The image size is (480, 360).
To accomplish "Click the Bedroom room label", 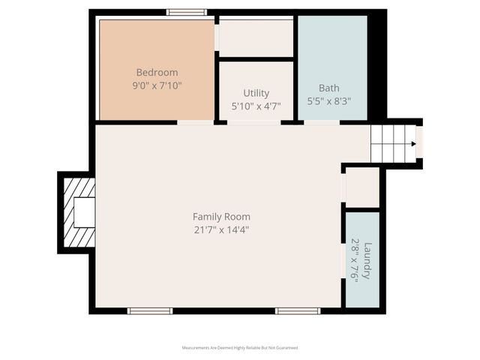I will [157, 72].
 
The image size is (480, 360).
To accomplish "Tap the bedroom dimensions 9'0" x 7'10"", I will [157, 85].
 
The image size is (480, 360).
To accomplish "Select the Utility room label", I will [256, 93].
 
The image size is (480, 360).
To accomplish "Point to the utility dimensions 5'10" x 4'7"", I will [256, 106].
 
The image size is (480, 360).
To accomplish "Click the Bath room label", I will [328, 87].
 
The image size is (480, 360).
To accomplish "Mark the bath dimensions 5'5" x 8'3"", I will [328, 100].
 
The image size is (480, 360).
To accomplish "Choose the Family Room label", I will [220, 217].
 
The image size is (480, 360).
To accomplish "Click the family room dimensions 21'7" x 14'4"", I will [220, 229].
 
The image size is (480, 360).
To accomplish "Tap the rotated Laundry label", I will [367, 259].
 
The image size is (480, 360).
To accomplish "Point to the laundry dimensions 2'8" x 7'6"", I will [355, 259].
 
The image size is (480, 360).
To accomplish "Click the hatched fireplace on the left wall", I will [79, 211].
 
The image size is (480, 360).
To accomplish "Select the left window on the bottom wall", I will [150, 310].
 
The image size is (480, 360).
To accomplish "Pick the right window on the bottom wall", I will [298, 310].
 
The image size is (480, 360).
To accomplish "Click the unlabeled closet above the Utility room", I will [256, 37].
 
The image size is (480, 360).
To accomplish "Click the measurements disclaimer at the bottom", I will [240, 348].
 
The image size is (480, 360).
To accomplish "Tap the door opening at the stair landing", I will [419, 142].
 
